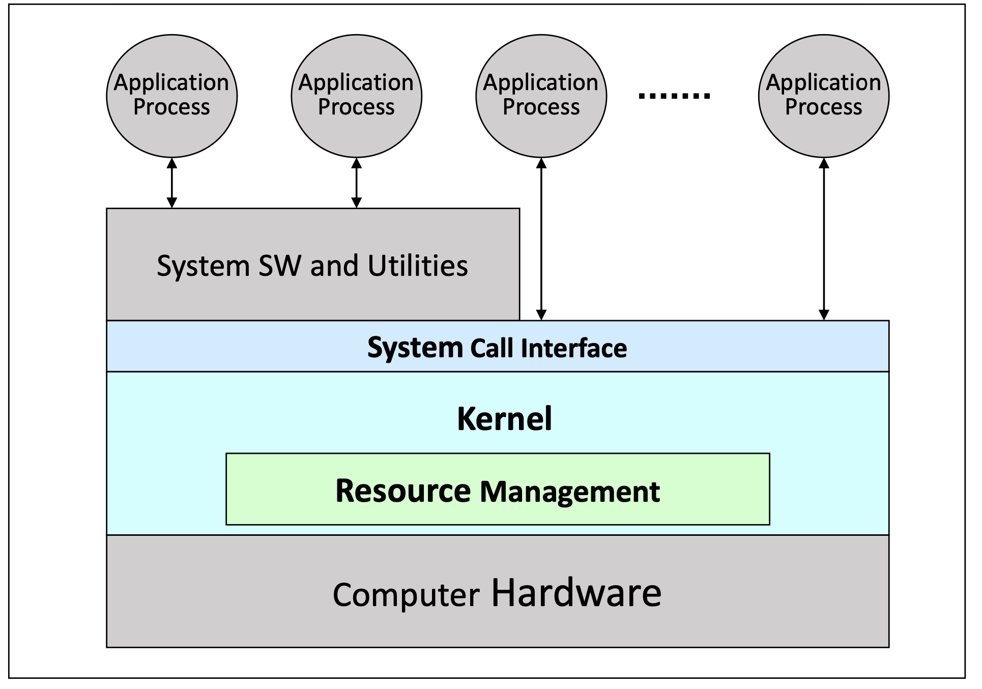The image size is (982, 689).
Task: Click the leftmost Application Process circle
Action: [171, 96]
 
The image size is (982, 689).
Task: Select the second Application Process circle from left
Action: [356, 96]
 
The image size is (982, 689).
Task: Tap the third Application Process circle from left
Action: [541, 96]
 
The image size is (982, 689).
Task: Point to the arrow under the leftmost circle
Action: [172, 183]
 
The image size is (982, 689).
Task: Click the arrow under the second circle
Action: [356, 183]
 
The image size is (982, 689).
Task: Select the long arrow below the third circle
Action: [541, 239]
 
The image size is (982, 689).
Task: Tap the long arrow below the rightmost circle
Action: [824, 239]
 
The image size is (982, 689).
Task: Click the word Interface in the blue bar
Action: [573, 349]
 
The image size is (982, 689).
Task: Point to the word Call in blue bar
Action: [492, 349]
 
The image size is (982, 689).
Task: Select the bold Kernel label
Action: [504, 419]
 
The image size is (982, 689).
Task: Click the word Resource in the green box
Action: [403, 491]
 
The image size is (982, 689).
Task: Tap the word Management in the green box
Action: [569, 492]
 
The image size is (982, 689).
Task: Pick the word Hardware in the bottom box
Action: [576, 593]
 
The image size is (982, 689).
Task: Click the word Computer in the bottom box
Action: [406, 595]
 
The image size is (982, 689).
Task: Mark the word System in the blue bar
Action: [415, 349]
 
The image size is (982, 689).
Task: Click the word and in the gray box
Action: [334, 266]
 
